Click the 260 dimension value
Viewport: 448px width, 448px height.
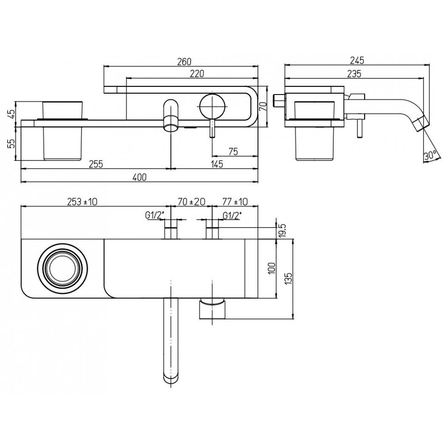(184, 61)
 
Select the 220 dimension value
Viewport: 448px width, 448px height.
(197, 73)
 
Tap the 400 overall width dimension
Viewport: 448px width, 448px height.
(140, 177)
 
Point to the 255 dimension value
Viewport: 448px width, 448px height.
(96, 164)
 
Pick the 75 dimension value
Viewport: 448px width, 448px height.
(233, 151)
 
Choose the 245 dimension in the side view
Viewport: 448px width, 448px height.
(357, 60)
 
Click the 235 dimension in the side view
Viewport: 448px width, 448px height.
(354, 73)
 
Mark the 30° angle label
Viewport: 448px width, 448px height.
(430, 156)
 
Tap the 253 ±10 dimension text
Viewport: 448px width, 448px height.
(82, 202)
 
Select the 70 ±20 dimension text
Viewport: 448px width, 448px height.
(191, 202)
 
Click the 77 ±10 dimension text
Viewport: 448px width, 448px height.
(235, 202)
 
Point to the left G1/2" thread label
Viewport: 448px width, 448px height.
(155, 216)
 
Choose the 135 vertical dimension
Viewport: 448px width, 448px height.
(289, 278)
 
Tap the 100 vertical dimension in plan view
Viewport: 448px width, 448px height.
(272, 268)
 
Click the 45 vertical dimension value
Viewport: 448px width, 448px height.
(10, 115)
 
